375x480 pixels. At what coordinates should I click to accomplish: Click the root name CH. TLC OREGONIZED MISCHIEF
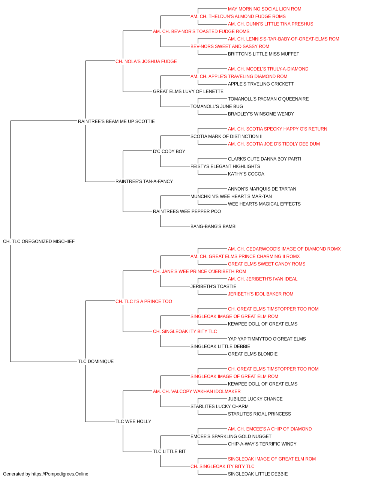39,241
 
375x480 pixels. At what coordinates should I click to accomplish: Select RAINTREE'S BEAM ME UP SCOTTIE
116,121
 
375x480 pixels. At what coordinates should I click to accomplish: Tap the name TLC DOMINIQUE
96,361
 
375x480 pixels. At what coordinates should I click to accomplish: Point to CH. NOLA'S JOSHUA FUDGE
146,61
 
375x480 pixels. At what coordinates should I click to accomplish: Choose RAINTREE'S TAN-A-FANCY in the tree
144,181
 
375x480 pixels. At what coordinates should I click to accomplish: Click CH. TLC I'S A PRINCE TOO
144,301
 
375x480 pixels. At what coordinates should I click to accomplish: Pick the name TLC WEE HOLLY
133,421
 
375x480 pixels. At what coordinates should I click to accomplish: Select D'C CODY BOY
169,151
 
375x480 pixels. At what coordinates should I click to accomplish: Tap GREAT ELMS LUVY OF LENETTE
188,91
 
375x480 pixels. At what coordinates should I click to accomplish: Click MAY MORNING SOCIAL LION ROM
265,9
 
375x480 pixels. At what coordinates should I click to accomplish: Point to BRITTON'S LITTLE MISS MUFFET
264,54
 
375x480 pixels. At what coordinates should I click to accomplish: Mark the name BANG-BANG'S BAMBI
213,226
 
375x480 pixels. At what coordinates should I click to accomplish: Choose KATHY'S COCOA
246,174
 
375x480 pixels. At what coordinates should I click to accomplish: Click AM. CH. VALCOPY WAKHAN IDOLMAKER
197,391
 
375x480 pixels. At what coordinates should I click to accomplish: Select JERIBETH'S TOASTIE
213,286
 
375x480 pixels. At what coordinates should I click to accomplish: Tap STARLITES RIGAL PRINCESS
259,414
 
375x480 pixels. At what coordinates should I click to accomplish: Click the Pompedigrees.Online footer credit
45,474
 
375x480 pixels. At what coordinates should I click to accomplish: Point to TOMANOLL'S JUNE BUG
217,106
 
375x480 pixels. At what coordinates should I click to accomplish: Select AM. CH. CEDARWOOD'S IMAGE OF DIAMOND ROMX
284,249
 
